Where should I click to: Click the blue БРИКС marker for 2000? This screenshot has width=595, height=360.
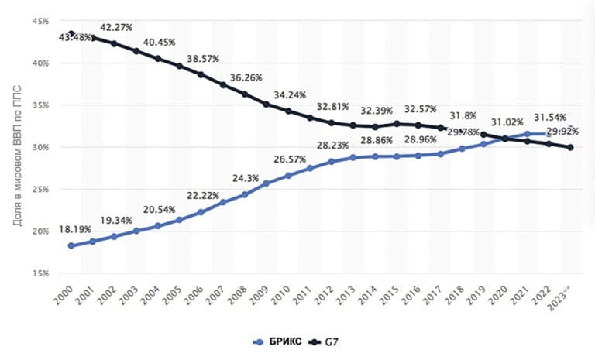71,245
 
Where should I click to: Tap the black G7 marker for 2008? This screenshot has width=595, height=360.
245,94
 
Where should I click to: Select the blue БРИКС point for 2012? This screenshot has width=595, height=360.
332,162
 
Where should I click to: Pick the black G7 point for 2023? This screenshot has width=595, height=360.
570,147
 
